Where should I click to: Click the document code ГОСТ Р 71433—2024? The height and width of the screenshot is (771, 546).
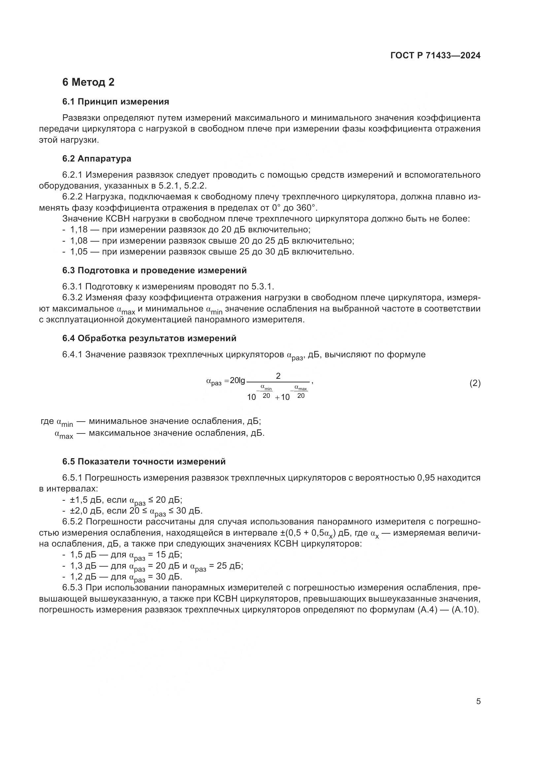435,56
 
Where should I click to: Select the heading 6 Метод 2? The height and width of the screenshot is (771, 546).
88,82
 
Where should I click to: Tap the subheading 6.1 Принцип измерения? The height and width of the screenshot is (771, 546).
115,102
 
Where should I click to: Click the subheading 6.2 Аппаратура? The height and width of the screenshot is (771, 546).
96,159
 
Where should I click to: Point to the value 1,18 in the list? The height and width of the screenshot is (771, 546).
79,230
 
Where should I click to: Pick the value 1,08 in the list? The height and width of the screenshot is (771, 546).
79,241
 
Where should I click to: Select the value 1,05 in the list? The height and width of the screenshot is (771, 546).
79,252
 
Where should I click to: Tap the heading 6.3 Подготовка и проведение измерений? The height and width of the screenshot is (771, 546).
154,270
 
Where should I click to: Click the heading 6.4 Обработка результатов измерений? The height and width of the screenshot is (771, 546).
149,338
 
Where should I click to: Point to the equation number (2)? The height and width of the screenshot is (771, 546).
475,383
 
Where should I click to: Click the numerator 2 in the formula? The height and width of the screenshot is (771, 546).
278,376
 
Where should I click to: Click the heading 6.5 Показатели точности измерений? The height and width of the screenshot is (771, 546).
144,461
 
